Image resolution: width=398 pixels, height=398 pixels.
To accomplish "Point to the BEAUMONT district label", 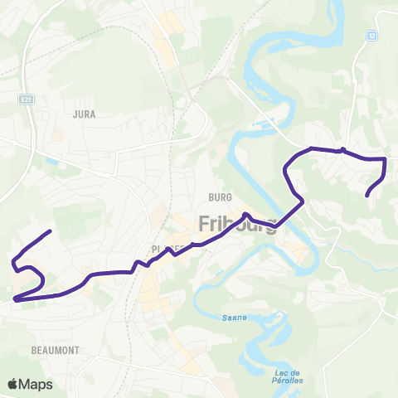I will pos(56,351).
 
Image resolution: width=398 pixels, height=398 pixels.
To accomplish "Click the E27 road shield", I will pos(28,98).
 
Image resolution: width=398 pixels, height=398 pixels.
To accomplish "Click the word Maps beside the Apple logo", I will pos(36,384).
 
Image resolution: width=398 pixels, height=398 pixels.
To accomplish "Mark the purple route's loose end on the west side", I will pos(51,231).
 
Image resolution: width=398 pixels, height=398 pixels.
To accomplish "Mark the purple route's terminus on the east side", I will pos(367,196).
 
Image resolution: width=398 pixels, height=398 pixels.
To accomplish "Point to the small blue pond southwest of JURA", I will pos(52,161).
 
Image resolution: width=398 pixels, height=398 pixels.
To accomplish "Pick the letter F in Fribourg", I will pos(205,224).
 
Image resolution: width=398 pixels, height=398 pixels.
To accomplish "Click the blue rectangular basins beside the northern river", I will pos(263,125).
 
